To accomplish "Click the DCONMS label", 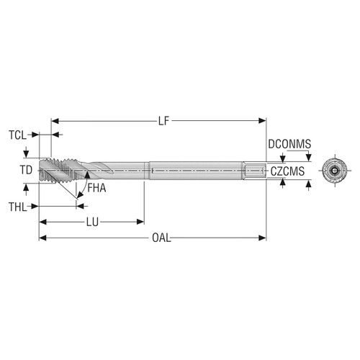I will click(x=289, y=144).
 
